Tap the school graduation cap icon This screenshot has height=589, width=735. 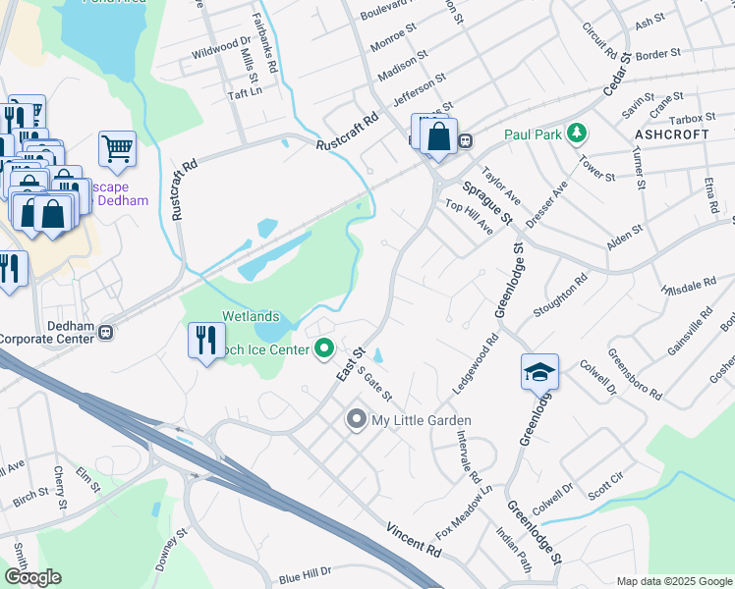(x=538, y=372)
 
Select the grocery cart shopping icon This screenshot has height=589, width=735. (x=117, y=149)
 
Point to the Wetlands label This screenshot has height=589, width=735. (x=250, y=317)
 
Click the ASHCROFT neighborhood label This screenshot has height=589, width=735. (x=672, y=134)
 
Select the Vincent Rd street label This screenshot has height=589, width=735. (x=413, y=536)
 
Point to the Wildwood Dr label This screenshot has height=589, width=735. (x=222, y=47)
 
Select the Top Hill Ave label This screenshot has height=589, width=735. (x=469, y=216)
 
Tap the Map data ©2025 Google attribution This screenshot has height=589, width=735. (x=673, y=580)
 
